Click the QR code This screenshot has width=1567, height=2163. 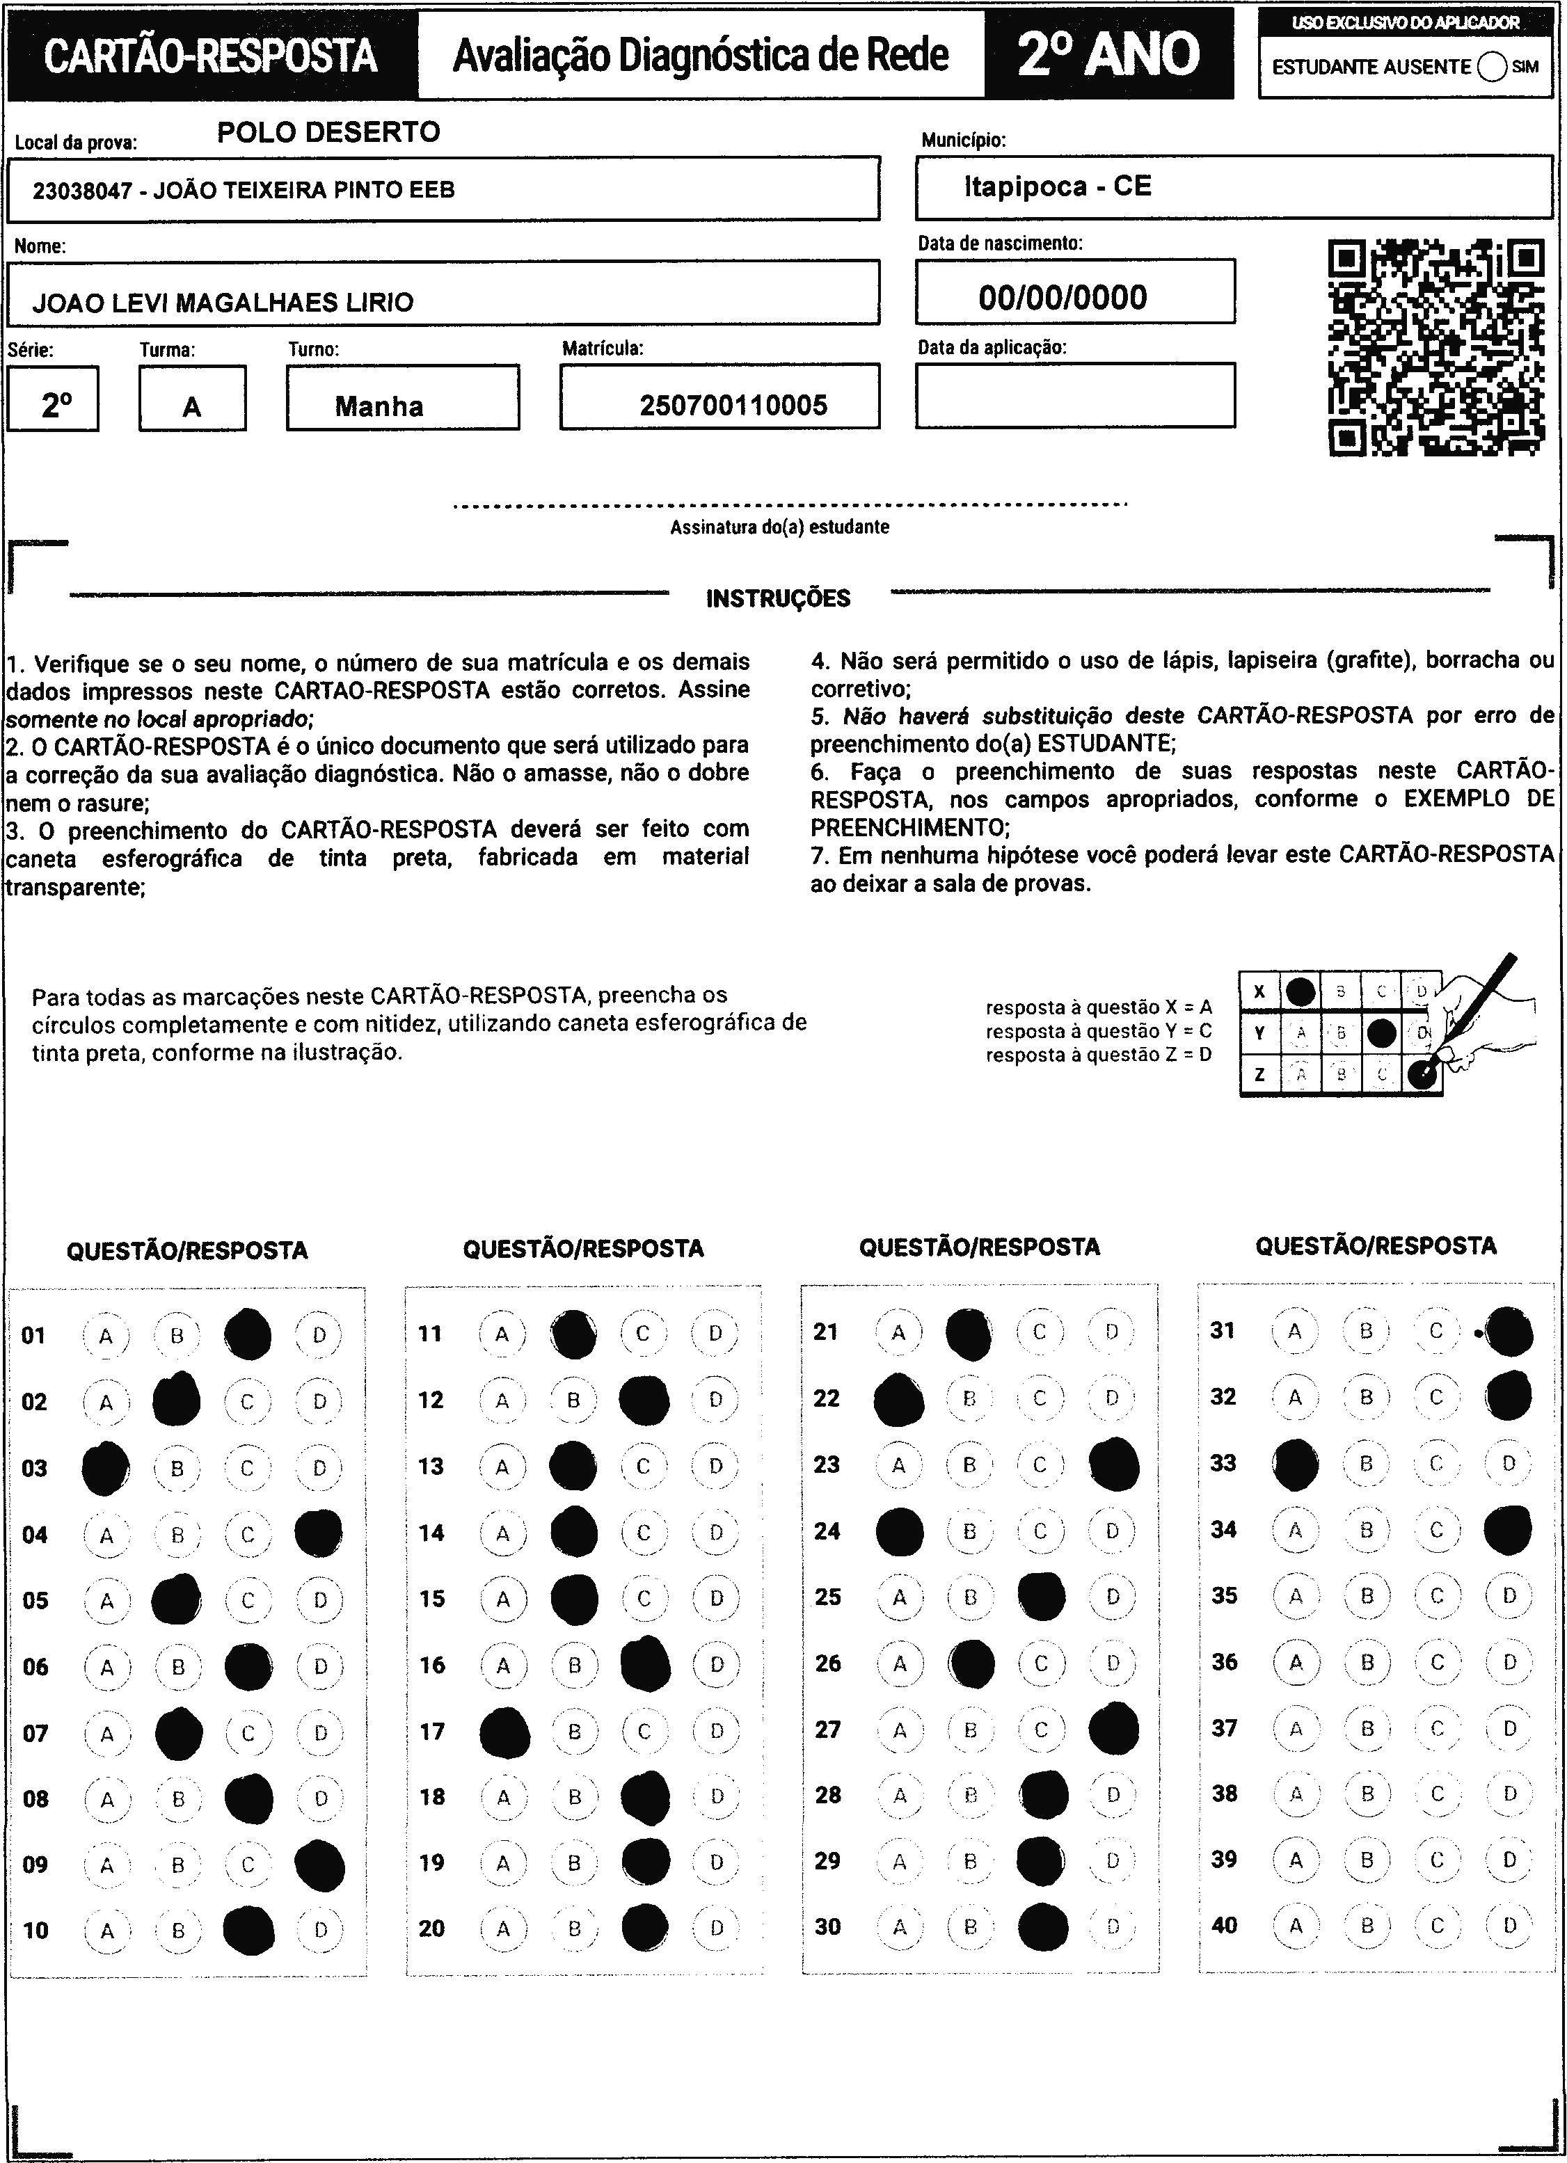1435,347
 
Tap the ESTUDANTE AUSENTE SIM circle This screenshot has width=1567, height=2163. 1492,67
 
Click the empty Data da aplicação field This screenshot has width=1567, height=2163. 1075,395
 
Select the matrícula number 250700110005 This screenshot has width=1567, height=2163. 733,406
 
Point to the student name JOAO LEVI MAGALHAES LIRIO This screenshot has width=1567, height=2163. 223,303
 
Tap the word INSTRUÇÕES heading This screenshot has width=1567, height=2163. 777,599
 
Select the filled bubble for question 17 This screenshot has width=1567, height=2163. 504,1732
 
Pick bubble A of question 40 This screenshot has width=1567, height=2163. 1295,1924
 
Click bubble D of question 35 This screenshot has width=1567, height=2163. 1509,1595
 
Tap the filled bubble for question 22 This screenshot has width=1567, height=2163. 898,1399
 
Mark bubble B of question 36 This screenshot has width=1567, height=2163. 1367,1662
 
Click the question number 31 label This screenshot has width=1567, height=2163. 1223,1330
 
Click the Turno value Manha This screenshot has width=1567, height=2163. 379,406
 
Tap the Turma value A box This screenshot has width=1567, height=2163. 192,407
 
